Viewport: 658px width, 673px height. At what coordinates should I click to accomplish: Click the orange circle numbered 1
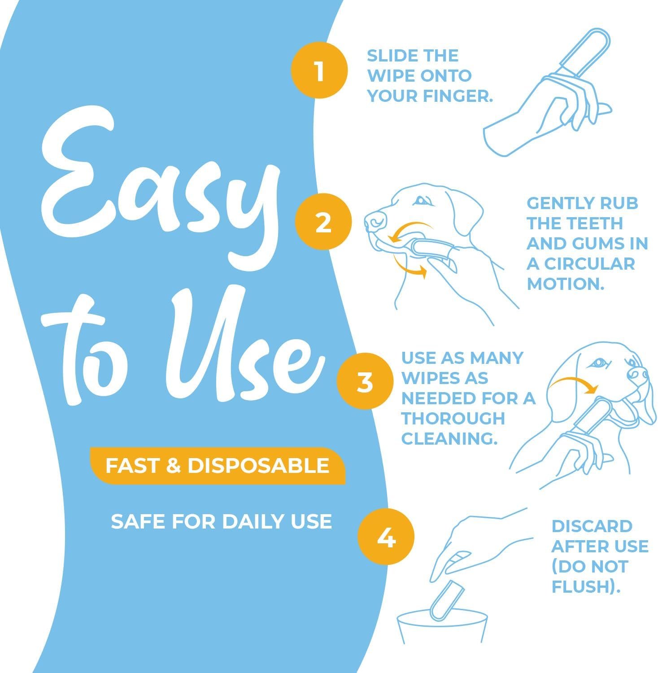pyautogui.click(x=319, y=70)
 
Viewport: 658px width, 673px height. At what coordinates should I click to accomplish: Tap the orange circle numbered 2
pyautogui.click(x=323, y=222)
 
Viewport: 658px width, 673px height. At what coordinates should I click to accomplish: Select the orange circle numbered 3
pyautogui.click(x=365, y=382)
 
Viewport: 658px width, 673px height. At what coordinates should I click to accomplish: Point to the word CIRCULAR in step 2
pyautogui.click(x=589, y=263)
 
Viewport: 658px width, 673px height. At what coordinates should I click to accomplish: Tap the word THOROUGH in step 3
pyautogui.click(x=453, y=418)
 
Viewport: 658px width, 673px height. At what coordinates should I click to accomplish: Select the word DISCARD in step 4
pyautogui.click(x=592, y=526)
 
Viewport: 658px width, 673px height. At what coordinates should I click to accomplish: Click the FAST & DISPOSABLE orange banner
pyautogui.click(x=218, y=466)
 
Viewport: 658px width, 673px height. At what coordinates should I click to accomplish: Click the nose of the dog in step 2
pyautogui.click(x=375, y=220)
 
